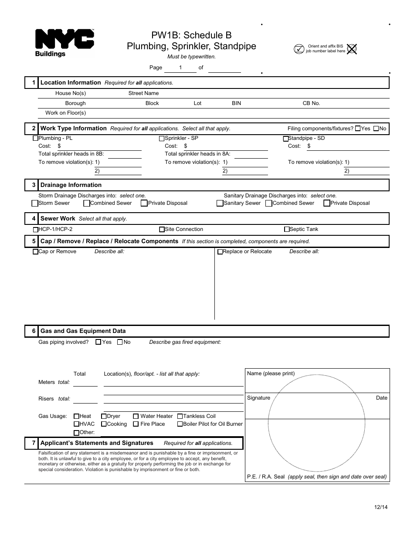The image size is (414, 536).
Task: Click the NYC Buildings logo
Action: pos(64,43)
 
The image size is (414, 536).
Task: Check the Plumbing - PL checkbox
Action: pos(36,139)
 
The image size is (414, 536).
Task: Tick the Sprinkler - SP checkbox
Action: pos(162,139)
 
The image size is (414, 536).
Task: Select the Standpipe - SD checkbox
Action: pos(286,139)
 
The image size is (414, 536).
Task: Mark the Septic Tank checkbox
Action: pos(287,229)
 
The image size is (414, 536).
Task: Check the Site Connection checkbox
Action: pos(162,229)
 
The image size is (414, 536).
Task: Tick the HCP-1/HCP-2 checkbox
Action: pos(36,230)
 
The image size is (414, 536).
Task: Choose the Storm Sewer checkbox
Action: pos(35,203)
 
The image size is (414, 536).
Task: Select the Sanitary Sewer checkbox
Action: pos(220,203)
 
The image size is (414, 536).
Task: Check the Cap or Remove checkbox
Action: pos(36,252)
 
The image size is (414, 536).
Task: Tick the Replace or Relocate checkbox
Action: pos(220,252)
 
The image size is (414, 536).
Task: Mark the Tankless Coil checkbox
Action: pos(180,416)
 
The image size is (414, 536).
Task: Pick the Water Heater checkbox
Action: pos(136,416)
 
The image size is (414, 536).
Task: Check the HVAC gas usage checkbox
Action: pos(77,424)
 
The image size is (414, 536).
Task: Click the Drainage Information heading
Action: pos(71,185)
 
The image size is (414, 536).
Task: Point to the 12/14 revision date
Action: pos(380,507)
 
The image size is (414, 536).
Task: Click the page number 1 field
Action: pos(180,68)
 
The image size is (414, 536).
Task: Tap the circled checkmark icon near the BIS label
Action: pos(299,49)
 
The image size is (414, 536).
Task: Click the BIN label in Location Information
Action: pos(236,103)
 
